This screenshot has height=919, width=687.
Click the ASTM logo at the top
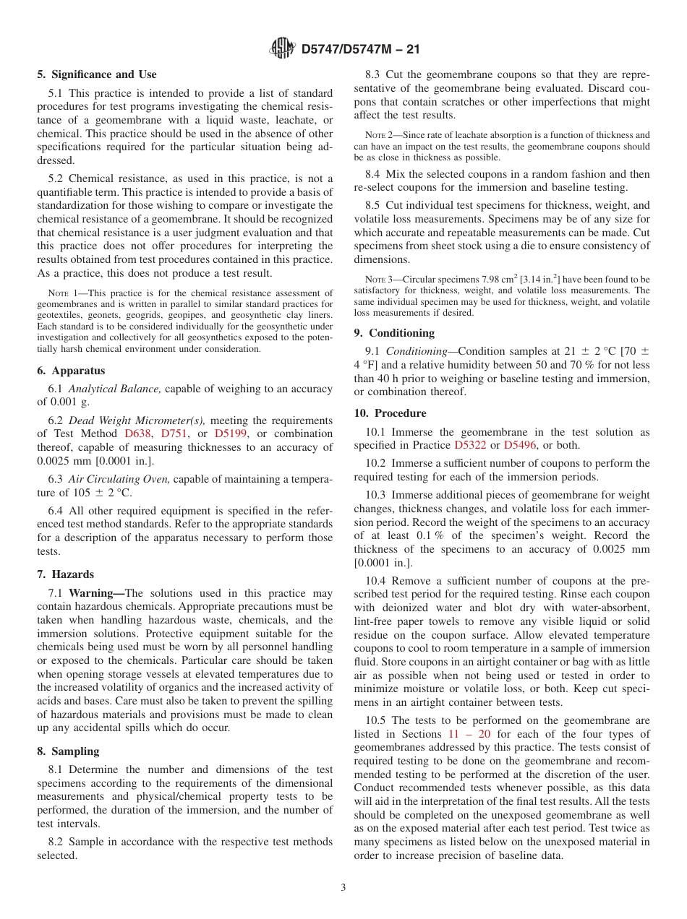[x=282, y=48]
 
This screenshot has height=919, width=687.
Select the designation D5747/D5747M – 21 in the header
[x=360, y=49]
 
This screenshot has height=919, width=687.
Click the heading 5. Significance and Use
[x=96, y=74]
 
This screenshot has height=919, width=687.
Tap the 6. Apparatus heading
[x=71, y=371]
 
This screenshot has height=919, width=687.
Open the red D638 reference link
[x=136, y=433]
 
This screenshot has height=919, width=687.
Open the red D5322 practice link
[x=469, y=445]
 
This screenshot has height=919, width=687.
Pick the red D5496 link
[x=519, y=445]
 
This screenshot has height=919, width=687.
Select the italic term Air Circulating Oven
[x=119, y=479]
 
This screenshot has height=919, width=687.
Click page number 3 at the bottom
[x=343, y=888]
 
